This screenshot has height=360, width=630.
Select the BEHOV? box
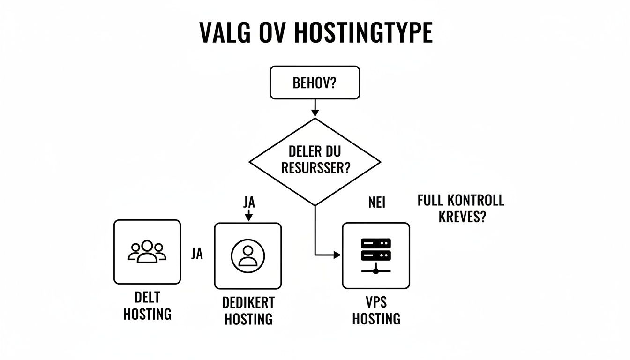(x=315, y=83)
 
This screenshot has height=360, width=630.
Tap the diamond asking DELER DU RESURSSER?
(x=315, y=162)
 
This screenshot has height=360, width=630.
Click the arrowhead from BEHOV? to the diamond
(x=315, y=112)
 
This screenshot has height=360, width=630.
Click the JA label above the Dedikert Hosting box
(x=249, y=202)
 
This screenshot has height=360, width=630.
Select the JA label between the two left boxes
(x=197, y=254)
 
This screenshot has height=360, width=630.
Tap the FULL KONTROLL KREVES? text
(x=460, y=209)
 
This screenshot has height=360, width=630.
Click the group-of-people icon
(x=147, y=251)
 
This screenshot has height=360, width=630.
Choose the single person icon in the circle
(x=248, y=255)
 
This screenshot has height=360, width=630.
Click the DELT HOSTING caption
(x=147, y=305)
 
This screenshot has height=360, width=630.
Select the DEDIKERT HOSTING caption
(x=248, y=310)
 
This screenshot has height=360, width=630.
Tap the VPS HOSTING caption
(x=376, y=310)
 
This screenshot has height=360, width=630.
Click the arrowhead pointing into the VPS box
(x=337, y=255)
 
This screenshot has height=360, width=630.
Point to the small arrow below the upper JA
(x=249, y=217)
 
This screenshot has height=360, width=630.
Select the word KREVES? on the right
(x=460, y=217)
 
